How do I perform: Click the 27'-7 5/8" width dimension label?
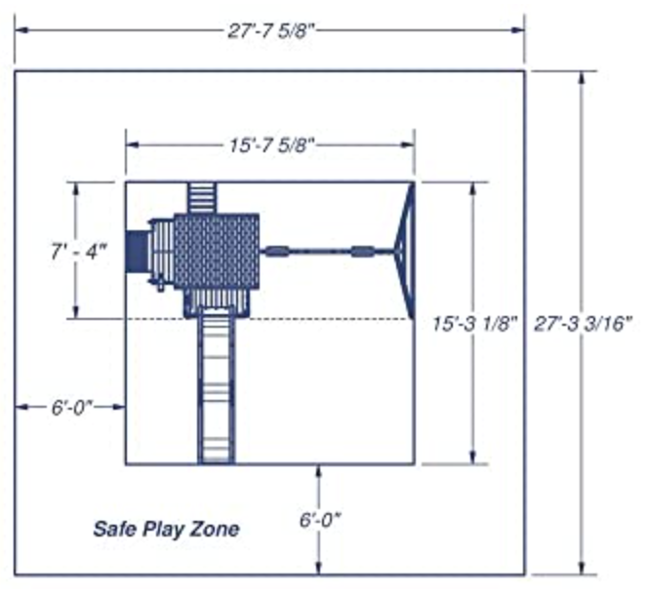coord(271,30)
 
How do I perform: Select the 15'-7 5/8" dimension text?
coord(271,145)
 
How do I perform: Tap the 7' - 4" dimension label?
coord(78,252)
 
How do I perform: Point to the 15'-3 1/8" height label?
coord(475,324)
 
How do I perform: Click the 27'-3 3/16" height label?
coord(584,324)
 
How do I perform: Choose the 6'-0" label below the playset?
coord(320,520)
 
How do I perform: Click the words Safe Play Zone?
coord(166,529)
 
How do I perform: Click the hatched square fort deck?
coord(217,252)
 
